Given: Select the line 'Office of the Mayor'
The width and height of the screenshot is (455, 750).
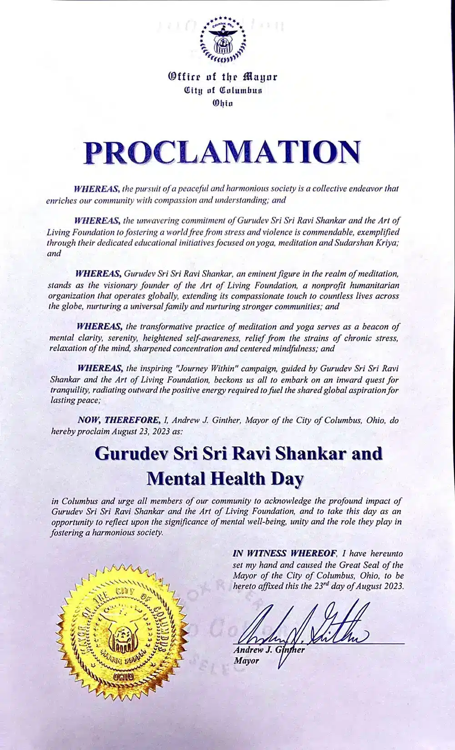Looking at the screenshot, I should tap(222, 77).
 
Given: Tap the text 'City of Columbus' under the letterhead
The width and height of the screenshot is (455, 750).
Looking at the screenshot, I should tap(223, 90).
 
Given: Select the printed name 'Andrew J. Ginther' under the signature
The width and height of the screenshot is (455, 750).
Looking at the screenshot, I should tap(268, 650).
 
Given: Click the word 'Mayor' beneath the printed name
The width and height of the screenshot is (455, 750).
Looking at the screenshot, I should tap(246, 660).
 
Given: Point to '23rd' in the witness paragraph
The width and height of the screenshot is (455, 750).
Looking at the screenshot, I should tap(322, 586).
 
